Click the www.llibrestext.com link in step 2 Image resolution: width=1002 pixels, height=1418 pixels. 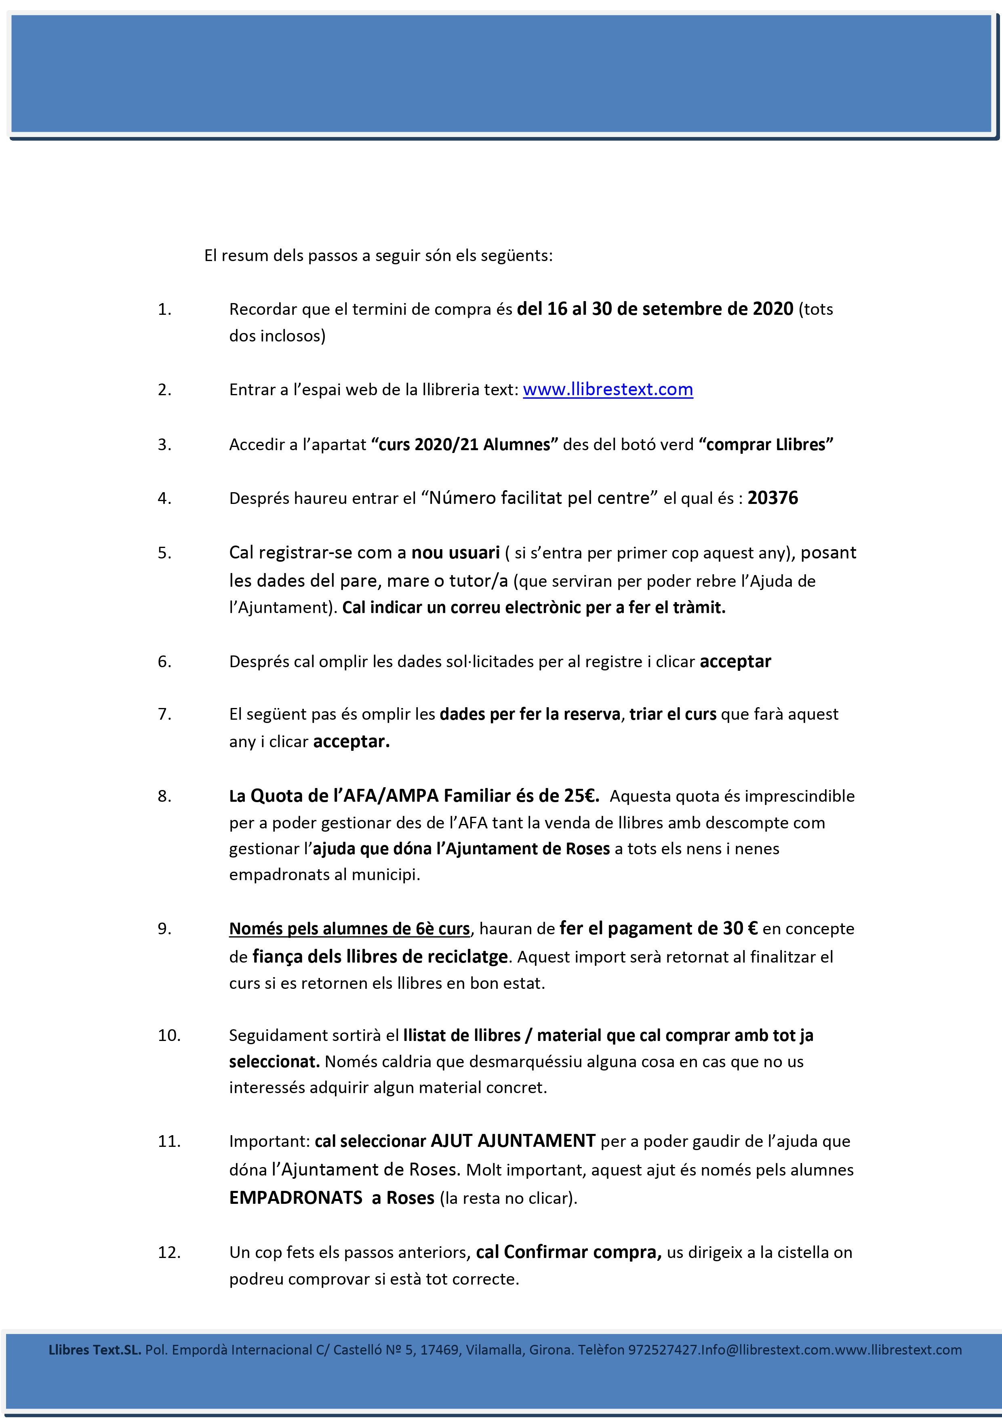608,390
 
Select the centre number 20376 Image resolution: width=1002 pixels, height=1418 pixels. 773,498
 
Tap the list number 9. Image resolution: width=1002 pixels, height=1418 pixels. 164,929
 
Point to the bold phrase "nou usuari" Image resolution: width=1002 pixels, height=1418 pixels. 456,553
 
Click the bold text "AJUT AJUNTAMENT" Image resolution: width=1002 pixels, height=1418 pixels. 513,1141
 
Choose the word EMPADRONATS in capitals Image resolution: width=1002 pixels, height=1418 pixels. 296,1198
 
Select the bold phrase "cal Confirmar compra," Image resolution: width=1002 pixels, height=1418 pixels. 568,1252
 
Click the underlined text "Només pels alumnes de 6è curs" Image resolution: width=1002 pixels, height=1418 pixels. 349,929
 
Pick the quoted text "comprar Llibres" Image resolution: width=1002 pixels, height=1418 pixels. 766,445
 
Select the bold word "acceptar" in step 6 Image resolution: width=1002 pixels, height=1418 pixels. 735,662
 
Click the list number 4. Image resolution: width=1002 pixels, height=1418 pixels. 164,498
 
